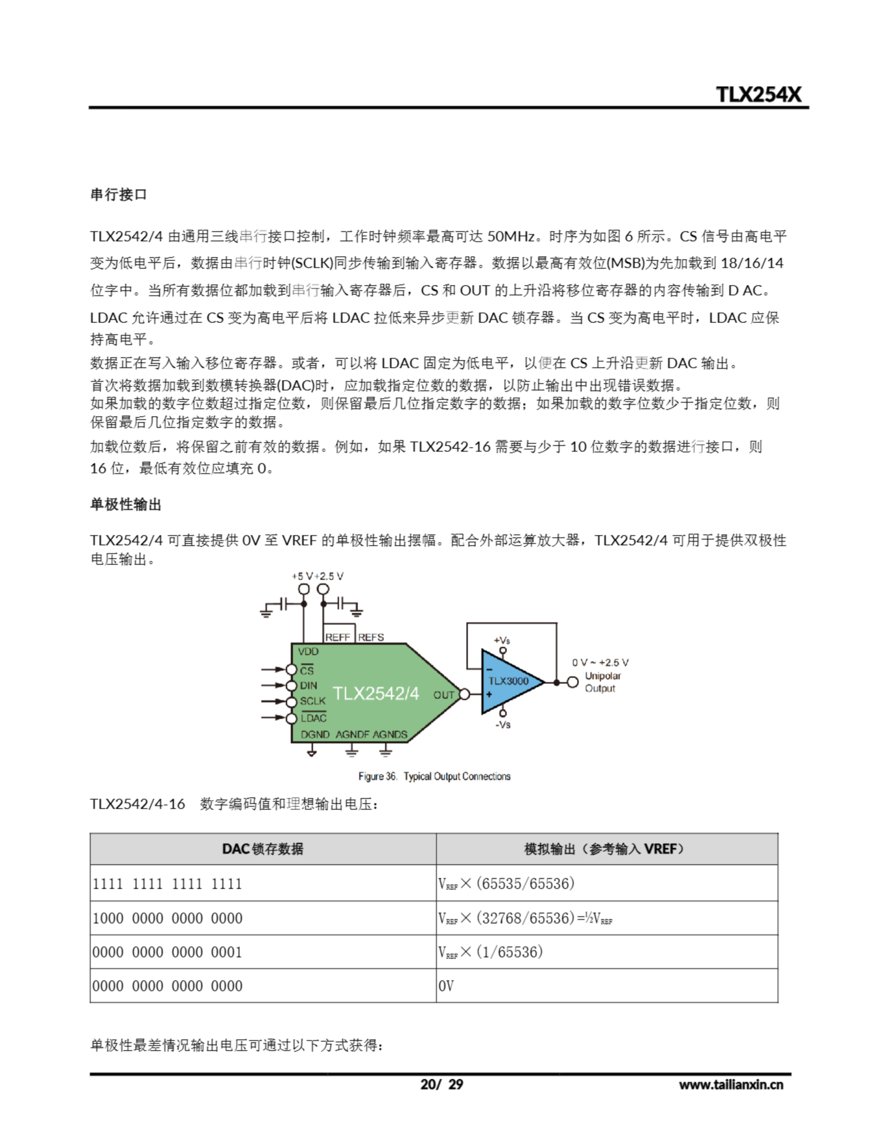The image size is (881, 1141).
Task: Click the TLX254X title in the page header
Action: pyautogui.click(x=758, y=94)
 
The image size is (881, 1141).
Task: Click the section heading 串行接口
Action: pyautogui.click(x=118, y=195)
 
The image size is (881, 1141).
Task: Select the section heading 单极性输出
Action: pyautogui.click(x=126, y=504)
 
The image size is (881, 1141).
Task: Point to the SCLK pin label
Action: pyautogui.click(x=312, y=701)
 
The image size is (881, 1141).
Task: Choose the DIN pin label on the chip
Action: pyautogui.click(x=308, y=685)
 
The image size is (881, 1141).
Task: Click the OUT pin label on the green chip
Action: pyautogui.click(x=443, y=695)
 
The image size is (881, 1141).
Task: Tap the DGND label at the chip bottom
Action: pyautogui.click(x=315, y=735)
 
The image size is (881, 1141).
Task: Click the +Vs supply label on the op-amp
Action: pyautogui.click(x=502, y=640)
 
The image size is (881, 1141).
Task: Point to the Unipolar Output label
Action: pyautogui.click(x=602, y=682)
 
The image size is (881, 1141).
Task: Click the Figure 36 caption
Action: pyautogui.click(x=434, y=776)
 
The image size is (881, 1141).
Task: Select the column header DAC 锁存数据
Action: pyautogui.click(x=263, y=849)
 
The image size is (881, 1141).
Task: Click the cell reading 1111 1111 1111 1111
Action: pyautogui.click(x=167, y=884)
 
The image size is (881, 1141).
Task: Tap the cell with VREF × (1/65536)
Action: pyautogui.click(x=490, y=952)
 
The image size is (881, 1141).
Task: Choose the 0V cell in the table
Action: pyautogui.click(x=446, y=986)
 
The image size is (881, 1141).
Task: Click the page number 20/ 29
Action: pyautogui.click(x=442, y=1084)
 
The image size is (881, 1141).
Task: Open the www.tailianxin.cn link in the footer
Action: pyautogui.click(x=730, y=1084)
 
